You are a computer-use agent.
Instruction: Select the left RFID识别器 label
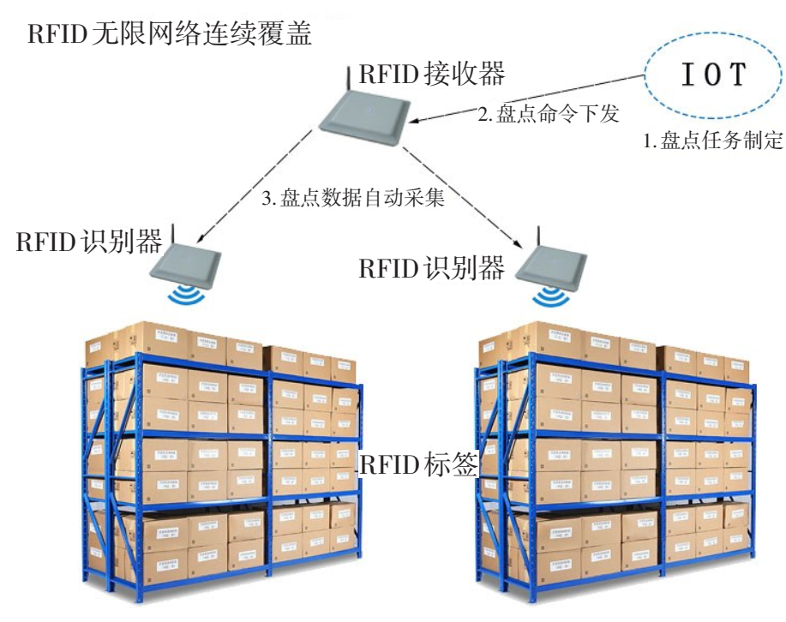click(89, 241)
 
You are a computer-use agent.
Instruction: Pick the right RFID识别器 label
click(431, 268)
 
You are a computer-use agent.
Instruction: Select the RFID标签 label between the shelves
click(418, 464)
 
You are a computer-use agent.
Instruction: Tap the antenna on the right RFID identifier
click(539, 238)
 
